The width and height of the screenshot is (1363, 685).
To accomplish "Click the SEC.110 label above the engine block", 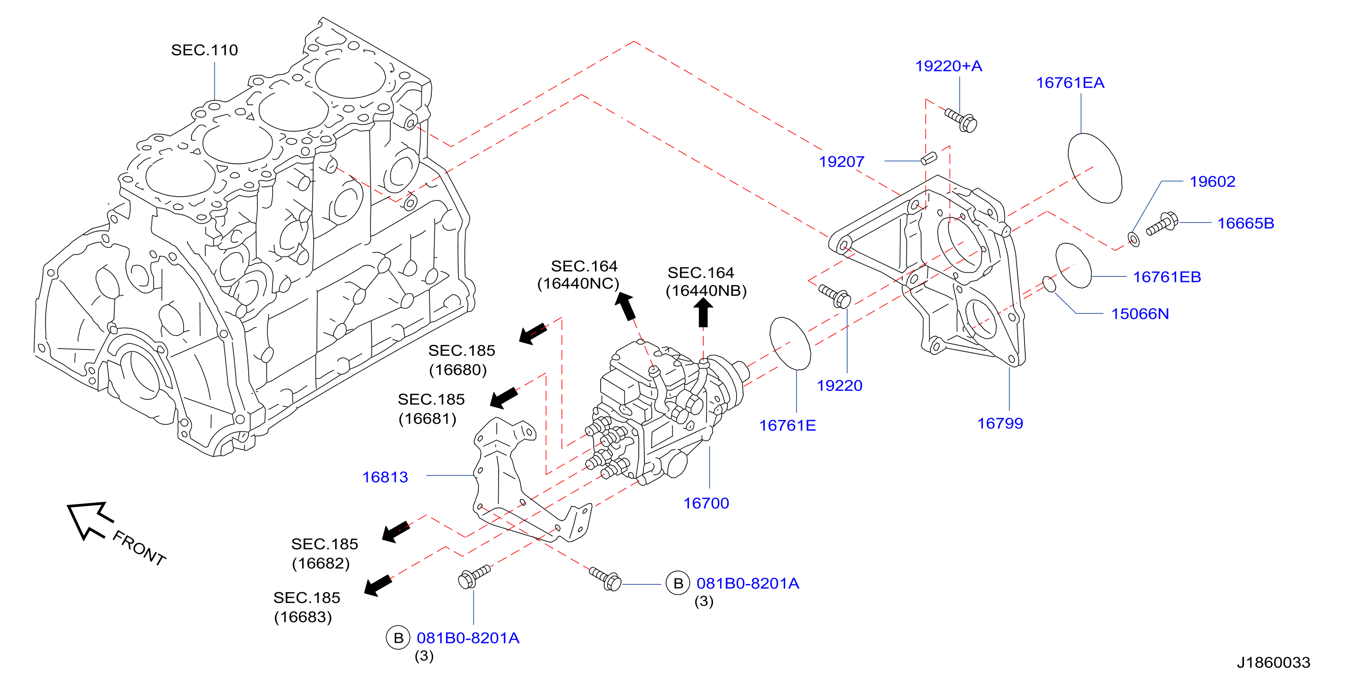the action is (204, 50).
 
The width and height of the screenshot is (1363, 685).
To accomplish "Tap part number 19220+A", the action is (948, 66).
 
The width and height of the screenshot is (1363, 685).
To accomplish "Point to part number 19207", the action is (841, 162).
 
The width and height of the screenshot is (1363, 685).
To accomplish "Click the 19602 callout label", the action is (1212, 181).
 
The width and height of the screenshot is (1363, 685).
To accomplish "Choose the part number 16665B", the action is (1245, 223).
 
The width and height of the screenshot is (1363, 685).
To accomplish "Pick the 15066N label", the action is (1140, 313).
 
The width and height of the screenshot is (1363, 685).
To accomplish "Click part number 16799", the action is (1000, 423).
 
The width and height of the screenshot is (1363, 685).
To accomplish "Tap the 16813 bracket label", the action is (385, 477).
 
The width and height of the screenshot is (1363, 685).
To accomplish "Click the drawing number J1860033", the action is (1273, 662).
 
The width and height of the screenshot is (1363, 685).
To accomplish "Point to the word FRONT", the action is (139, 548).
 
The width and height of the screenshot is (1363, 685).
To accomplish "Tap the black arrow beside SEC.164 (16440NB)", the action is (702, 312).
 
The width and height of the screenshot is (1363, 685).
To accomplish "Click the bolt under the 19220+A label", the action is (961, 120).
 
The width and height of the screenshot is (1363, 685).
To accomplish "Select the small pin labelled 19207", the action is (929, 158).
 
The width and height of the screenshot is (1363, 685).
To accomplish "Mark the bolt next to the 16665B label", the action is (1162, 223).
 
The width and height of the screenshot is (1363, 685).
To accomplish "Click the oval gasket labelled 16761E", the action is (790, 343).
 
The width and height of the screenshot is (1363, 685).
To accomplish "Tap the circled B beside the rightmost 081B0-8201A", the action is (678, 583).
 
